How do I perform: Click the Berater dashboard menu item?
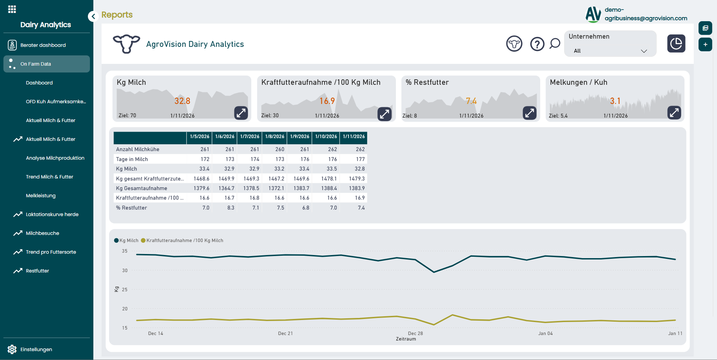(43, 45)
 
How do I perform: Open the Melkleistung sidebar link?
(40, 196)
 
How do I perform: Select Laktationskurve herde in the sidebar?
(52, 214)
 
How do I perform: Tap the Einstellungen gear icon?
(12, 349)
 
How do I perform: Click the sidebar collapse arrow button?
(93, 16)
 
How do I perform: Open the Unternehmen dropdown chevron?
(644, 51)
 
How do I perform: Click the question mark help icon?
(537, 44)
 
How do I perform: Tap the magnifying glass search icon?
(555, 43)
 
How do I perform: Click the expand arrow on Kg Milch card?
(241, 113)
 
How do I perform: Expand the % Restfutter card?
(530, 113)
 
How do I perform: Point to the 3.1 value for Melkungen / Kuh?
(615, 101)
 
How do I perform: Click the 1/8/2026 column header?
(275, 136)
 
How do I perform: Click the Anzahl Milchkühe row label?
(137, 149)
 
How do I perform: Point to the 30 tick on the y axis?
(125, 270)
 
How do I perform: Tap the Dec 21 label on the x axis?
(285, 333)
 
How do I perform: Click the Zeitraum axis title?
(406, 339)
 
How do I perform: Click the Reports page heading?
(117, 15)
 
